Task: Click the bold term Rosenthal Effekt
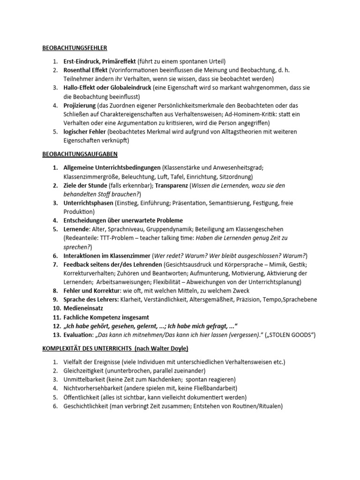coord(85,70)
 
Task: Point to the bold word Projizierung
coord(78,105)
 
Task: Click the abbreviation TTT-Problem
coord(119,238)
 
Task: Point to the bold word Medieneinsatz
coord(84,308)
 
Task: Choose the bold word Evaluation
coord(78,334)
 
